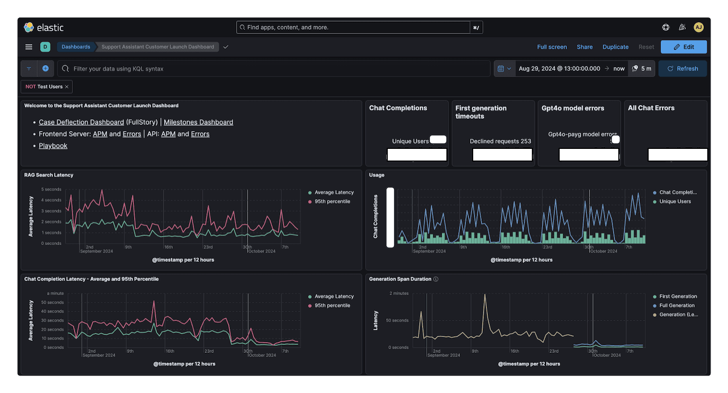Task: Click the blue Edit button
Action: click(x=684, y=47)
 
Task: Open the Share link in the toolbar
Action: click(x=584, y=47)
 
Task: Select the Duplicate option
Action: click(x=615, y=47)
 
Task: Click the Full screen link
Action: click(x=552, y=47)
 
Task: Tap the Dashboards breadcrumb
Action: click(x=76, y=47)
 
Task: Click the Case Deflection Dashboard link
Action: click(x=81, y=122)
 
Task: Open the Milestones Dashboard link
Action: click(x=198, y=122)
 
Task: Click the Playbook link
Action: click(x=53, y=145)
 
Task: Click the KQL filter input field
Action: click(x=273, y=68)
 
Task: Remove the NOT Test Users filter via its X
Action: click(x=67, y=87)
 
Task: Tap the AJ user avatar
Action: click(x=698, y=27)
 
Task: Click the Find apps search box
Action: click(x=354, y=27)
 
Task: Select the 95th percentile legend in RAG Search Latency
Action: click(x=332, y=202)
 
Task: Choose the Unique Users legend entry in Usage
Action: click(x=675, y=202)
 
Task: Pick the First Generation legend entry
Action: click(x=678, y=296)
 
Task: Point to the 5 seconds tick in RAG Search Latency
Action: click(x=51, y=189)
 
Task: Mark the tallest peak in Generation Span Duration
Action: click(x=485, y=294)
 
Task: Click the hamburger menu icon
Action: click(x=29, y=47)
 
